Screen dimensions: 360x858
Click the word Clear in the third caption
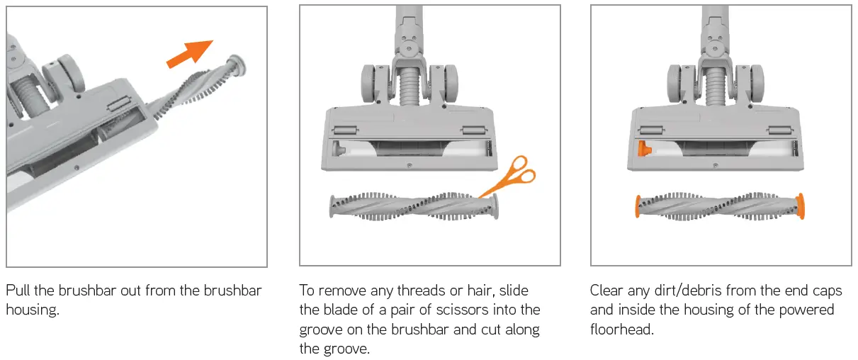[x=606, y=291]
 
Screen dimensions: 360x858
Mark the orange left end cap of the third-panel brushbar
[x=638, y=206]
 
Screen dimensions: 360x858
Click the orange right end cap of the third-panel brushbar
[x=800, y=206]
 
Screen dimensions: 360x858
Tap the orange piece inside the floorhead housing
[x=645, y=149]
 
